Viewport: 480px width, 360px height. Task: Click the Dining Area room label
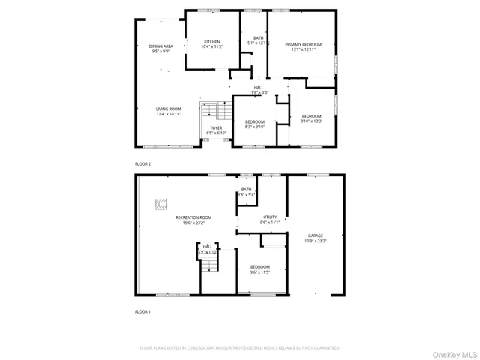pos(161,46)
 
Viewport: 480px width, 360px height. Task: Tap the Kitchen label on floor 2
pos(211,42)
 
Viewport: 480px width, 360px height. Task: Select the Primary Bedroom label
pos(302,44)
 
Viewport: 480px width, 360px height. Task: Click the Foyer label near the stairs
pos(216,128)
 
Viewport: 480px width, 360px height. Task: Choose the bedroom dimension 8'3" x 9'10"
pos(255,127)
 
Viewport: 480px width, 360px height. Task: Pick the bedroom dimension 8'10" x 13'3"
pos(311,121)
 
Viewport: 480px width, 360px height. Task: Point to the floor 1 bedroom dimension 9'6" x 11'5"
pos(260,271)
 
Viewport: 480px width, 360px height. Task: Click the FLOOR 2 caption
pos(142,163)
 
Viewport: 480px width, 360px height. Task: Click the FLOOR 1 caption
pos(142,310)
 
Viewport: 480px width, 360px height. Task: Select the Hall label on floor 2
pos(259,87)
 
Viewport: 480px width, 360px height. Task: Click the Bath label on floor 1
pos(247,190)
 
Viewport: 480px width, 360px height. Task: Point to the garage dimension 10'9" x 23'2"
pos(316,241)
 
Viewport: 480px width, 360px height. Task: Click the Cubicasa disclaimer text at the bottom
pos(239,348)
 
